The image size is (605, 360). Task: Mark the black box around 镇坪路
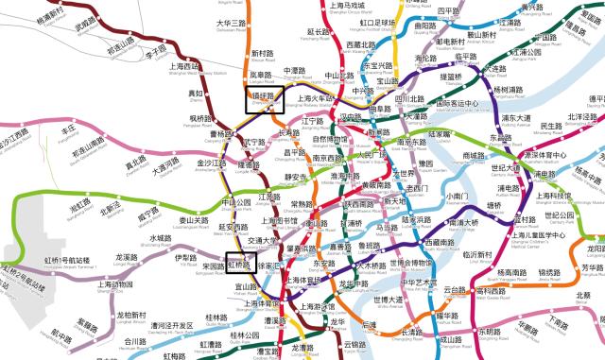(x=265, y=99)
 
